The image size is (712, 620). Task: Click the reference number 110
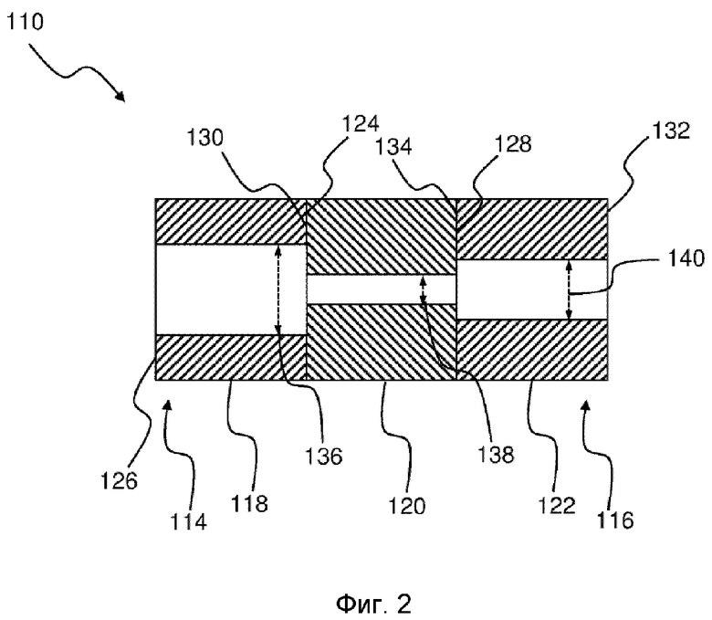25,21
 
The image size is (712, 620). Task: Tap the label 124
360,124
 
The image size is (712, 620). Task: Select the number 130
205,137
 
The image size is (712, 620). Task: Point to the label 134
393,147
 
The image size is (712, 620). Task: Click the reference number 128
513,144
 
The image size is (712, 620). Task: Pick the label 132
671,131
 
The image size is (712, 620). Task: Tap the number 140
686,258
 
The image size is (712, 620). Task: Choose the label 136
323,456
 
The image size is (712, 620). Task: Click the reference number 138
496,454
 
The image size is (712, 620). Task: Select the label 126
119,480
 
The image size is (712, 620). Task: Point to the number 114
188,521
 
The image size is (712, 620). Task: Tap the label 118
249,503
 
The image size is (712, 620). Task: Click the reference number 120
407,506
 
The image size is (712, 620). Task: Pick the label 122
557,505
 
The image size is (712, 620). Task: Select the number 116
615,520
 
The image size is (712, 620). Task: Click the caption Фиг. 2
373,604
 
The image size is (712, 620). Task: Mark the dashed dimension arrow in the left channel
278,289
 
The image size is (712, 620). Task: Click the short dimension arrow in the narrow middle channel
424,289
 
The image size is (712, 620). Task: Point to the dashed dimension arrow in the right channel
569,289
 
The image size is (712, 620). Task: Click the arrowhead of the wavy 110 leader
121,97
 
